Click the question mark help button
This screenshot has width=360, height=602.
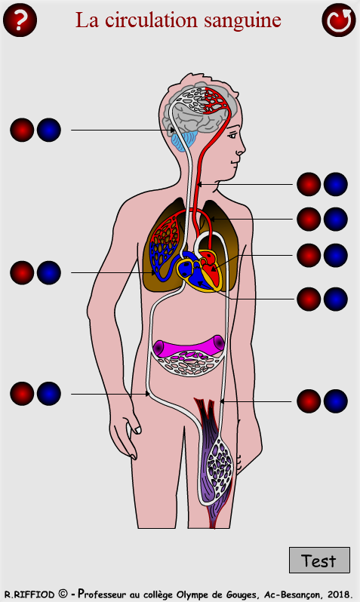pyautogui.click(x=20, y=20)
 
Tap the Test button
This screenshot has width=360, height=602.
pyautogui.click(x=319, y=561)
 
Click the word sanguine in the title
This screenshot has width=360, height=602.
pyautogui.click(x=242, y=20)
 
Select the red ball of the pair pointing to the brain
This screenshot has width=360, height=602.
pyautogui.click(x=22, y=130)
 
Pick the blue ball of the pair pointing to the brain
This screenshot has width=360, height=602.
pyautogui.click(x=49, y=130)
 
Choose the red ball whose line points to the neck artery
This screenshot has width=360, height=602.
pyautogui.click(x=309, y=184)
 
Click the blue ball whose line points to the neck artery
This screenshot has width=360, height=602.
pyautogui.click(x=336, y=184)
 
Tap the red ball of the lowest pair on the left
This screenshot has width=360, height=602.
pyautogui.click(x=22, y=394)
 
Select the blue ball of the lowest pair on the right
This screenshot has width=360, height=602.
pyautogui.click(x=336, y=401)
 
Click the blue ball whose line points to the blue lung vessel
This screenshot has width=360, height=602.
pyautogui.click(x=49, y=272)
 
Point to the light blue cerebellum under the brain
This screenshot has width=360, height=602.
pyautogui.click(x=183, y=140)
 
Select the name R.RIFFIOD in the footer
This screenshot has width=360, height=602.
pyautogui.click(x=29, y=594)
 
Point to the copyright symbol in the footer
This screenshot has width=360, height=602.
pyautogui.click(x=63, y=594)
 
